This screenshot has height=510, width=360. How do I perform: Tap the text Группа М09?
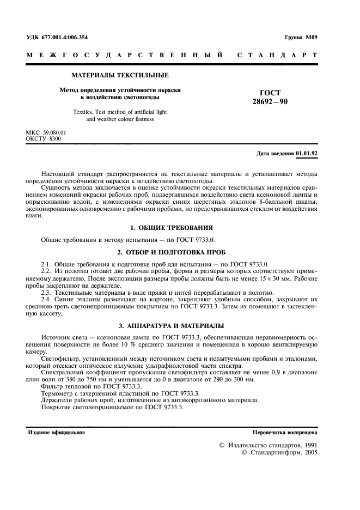click(x=302, y=37)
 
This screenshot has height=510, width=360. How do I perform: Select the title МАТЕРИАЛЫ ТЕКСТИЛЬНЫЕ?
click(x=120, y=75)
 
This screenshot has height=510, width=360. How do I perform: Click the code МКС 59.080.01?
click(x=46, y=132)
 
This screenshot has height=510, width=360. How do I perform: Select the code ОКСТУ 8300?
click(x=44, y=139)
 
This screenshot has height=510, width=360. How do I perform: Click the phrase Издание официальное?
click(x=57, y=432)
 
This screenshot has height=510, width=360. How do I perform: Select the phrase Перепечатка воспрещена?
click(x=285, y=432)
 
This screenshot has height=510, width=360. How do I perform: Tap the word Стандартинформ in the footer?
click(x=276, y=452)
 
